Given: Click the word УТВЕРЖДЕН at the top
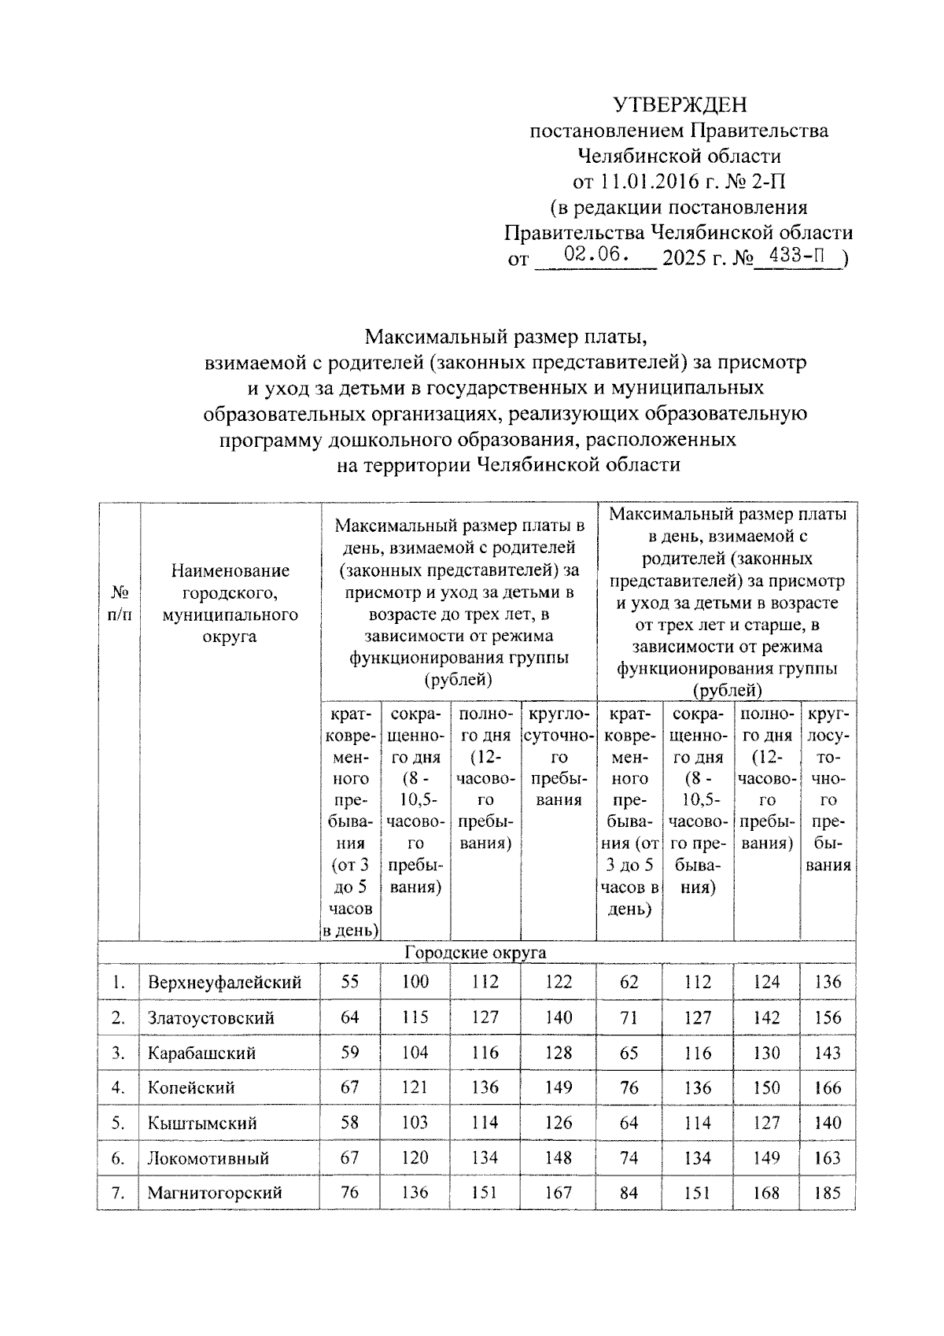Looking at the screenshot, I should click(680, 105).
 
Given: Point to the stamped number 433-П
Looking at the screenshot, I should click(798, 256).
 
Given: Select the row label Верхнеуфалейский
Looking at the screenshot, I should click(224, 982).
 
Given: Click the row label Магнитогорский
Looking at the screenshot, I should click(215, 1193).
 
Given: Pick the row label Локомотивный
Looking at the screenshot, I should click(208, 1157).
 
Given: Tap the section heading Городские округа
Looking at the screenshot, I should click(475, 952).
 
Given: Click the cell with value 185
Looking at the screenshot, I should click(828, 1193).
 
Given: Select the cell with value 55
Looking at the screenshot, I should click(349, 982).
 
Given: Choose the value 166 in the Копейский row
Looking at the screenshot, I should click(828, 1087).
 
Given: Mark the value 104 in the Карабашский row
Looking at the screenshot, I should click(415, 1053).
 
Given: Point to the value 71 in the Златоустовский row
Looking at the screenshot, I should click(629, 1017).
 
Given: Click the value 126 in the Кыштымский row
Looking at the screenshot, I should click(559, 1123).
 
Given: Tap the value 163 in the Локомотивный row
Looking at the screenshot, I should click(828, 1157).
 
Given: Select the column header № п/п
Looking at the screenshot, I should click(119, 603).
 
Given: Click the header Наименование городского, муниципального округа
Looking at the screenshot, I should click(230, 603).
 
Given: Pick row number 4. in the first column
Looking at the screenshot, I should click(119, 1087).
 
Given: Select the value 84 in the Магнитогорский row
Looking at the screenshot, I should click(629, 1193).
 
